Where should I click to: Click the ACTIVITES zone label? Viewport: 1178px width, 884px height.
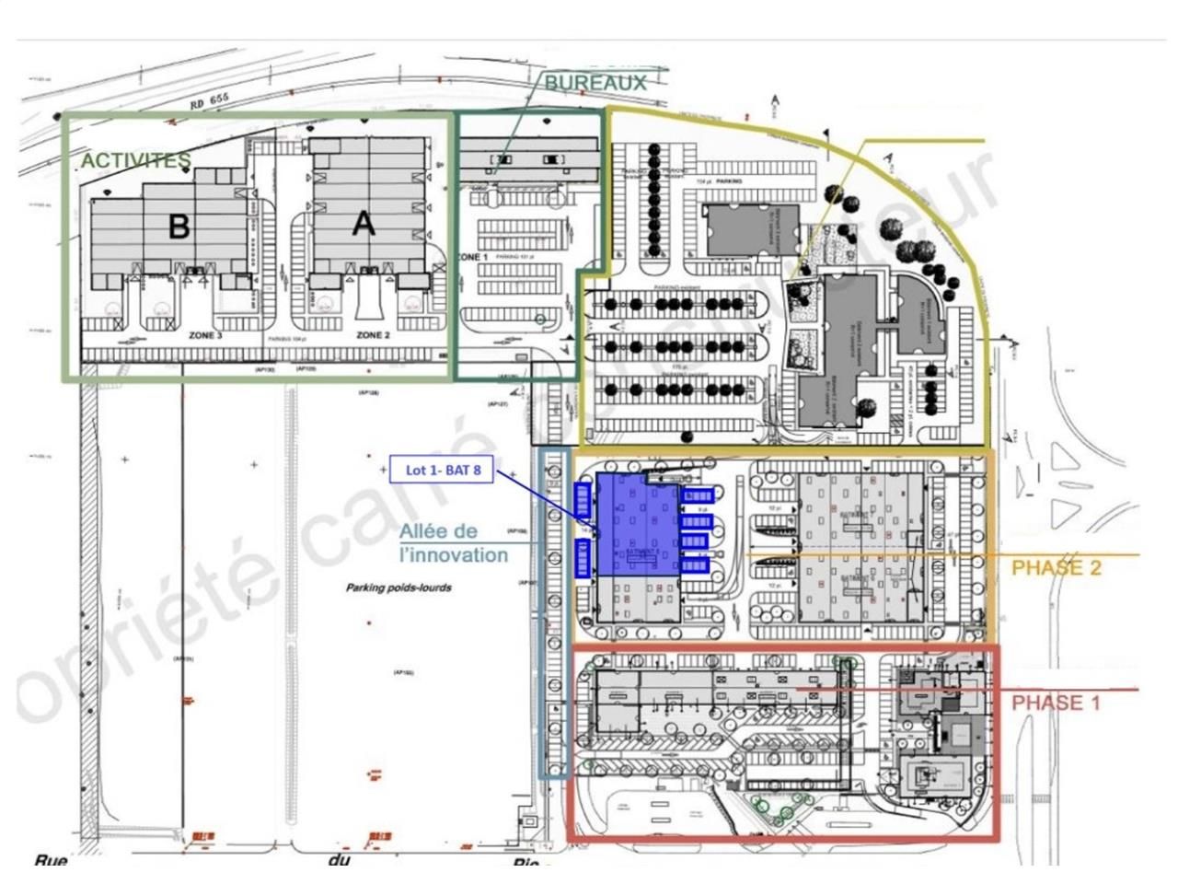coord(135,160)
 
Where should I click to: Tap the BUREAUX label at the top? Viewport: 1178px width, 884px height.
coord(595,82)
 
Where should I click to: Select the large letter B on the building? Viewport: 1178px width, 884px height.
coord(179,226)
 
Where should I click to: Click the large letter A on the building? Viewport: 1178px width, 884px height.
coord(364,224)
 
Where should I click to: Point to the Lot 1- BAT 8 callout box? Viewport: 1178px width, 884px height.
coord(442,470)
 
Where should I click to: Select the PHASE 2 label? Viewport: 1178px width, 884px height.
coord(1056,568)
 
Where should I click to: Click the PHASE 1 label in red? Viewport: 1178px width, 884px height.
coord(1056,704)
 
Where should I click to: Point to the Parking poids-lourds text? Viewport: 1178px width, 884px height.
coord(398,587)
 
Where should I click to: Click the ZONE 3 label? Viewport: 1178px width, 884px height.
coord(205,335)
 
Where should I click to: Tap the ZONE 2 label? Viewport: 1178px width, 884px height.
coord(373,335)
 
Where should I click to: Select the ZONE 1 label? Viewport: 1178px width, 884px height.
coord(471,258)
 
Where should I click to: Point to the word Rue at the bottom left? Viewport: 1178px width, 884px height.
coord(52,861)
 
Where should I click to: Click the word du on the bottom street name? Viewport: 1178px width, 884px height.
coord(339,861)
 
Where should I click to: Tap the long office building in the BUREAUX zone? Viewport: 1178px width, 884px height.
coord(528,158)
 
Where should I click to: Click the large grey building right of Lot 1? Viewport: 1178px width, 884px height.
coord(860,548)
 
